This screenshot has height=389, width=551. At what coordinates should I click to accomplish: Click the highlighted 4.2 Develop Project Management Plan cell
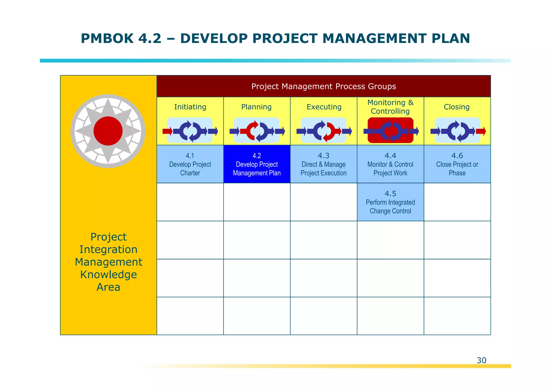click(x=257, y=164)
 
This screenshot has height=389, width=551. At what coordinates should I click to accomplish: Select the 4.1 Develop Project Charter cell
click(x=190, y=164)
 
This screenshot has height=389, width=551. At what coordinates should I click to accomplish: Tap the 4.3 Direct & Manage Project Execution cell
click(x=323, y=164)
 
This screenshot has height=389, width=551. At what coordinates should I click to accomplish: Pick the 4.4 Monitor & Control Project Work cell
click(x=390, y=164)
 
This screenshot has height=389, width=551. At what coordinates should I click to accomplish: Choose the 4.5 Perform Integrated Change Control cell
click(x=390, y=202)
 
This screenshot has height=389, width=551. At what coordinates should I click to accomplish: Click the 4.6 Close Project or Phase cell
click(x=457, y=164)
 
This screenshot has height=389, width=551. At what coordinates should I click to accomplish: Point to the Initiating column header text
click(x=190, y=107)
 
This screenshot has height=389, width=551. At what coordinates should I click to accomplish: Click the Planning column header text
click(x=256, y=107)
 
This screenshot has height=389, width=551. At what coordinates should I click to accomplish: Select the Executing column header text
click(x=324, y=107)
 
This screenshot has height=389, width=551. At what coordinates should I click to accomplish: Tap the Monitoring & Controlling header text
click(x=390, y=107)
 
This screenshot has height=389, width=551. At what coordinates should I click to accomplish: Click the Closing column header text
click(x=457, y=107)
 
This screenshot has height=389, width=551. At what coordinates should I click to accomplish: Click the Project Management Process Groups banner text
click(x=323, y=87)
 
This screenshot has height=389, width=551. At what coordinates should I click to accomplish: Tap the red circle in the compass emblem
click(x=108, y=131)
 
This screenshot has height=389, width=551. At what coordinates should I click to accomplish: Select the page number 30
click(x=481, y=360)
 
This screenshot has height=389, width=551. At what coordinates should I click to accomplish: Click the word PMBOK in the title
click(x=107, y=38)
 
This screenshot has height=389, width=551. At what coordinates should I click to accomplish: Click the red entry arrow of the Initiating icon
click(x=167, y=131)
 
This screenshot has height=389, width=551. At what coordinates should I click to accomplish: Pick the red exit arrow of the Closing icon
click(x=481, y=131)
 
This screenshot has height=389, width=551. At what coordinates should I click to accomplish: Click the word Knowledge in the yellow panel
click(x=108, y=274)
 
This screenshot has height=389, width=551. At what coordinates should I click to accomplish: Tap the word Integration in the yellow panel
click(x=108, y=249)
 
